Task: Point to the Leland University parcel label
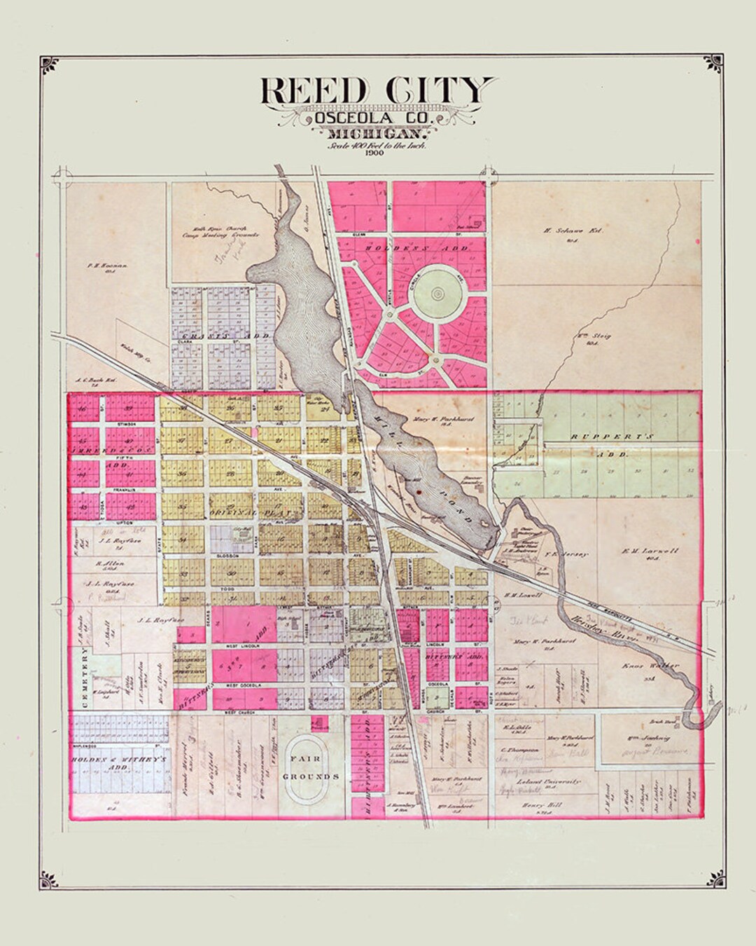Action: [x=549, y=781]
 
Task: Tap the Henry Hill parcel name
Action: [x=538, y=805]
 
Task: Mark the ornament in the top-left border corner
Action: [x=48, y=65]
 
